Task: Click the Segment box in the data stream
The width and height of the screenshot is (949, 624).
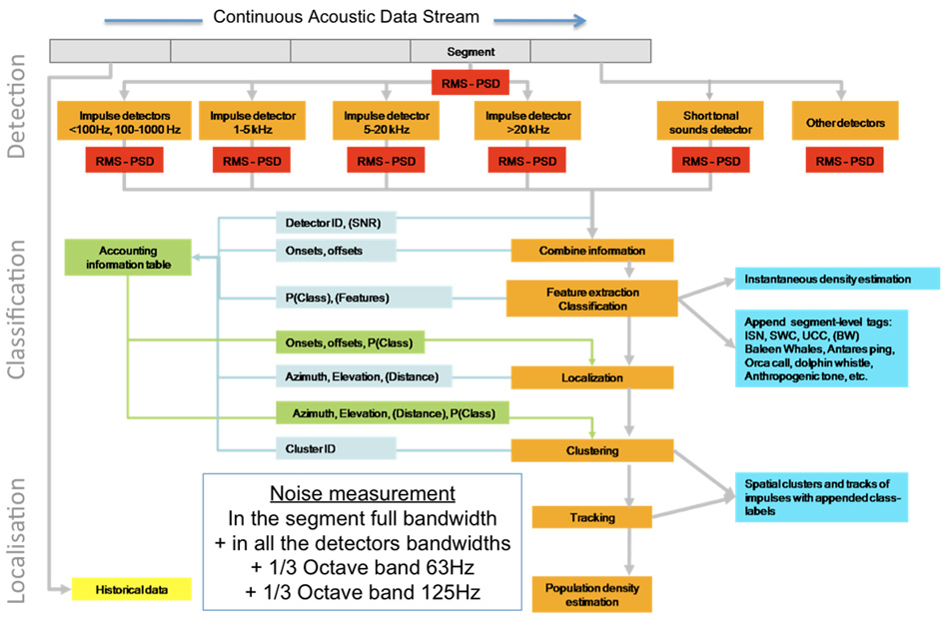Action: tap(471, 51)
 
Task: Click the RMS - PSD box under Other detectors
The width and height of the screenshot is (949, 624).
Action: tap(845, 161)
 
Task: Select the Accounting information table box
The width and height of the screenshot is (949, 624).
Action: tap(128, 257)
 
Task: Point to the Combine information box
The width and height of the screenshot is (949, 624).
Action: tap(591, 251)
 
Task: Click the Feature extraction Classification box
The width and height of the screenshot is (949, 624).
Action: tap(591, 298)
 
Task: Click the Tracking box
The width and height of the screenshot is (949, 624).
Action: tap(591, 517)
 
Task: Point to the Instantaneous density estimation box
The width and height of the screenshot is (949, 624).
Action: tap(837, 280)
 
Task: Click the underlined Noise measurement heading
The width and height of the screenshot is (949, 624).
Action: tap(362, 494)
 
